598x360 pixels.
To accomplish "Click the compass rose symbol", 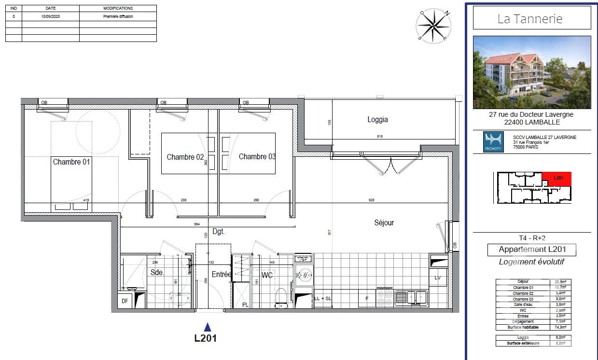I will [434, 26].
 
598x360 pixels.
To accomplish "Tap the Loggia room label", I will [377, 120].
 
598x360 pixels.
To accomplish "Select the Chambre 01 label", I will [71, 162].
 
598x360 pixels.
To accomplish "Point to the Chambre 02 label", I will [185, 157].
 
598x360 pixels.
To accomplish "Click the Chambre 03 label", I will [257, 157].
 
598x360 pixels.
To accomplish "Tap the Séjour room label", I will [384, 223].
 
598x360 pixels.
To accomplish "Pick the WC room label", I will [267, 275].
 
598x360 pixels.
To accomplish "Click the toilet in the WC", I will [280, 298].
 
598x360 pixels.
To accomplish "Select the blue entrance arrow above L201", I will [207, 327].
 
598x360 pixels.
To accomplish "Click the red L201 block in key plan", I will [557, 178].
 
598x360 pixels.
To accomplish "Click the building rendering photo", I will [531, 72].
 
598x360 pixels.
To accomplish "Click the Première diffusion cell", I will [118, 16].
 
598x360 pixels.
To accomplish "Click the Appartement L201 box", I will [531, 249].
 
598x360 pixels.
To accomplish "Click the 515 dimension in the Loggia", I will [379, 137].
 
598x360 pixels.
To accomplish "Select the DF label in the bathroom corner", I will [124, 301].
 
